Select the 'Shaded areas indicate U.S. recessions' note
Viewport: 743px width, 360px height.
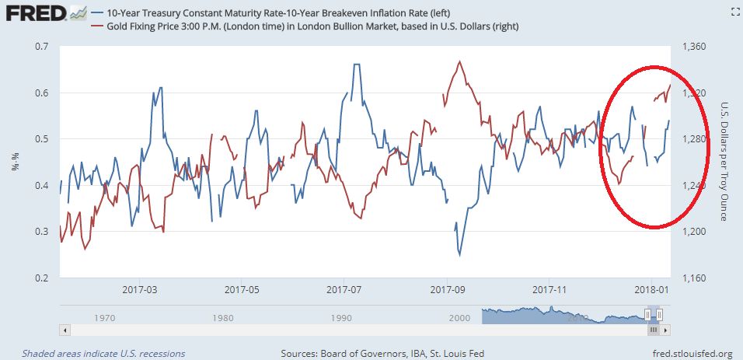click(103, 353)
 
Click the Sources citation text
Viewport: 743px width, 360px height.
click(382, 353)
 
